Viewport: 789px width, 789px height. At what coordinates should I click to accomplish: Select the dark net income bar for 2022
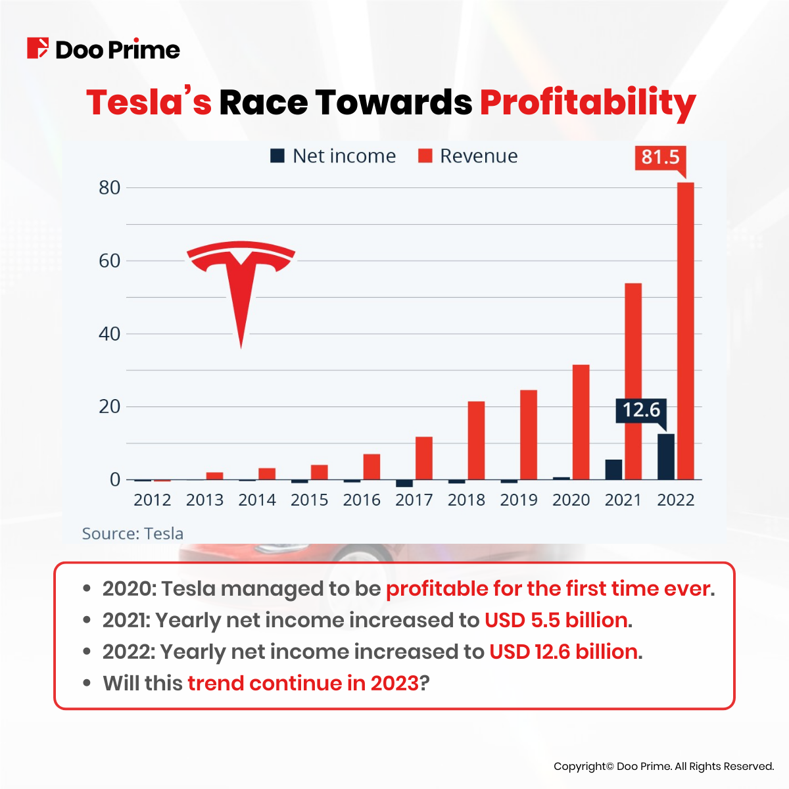[x=665, y=456]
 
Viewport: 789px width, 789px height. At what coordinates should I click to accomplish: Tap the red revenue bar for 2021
[x=633, y=381]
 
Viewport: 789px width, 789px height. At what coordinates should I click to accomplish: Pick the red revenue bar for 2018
[x=476, y=441]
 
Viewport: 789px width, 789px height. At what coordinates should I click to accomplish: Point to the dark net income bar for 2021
[x=613, y=469]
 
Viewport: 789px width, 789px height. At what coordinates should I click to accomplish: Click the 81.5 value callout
[x=660, y=157]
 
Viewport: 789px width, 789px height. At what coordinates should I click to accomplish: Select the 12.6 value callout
[x=640, y=410]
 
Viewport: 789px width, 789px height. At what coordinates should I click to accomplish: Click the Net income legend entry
[x=333, y=156]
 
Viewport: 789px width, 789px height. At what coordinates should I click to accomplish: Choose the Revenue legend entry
[x=468, y=156]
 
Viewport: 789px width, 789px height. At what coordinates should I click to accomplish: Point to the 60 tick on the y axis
[x=109, y=261]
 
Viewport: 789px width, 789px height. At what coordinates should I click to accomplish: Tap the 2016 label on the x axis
[x=362, y=500]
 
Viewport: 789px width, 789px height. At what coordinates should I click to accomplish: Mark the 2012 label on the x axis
[x=152, y=500]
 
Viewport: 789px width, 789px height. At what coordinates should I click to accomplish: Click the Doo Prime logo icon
[x=37, y=49]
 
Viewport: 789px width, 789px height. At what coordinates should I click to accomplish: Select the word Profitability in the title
[x=587, y=103]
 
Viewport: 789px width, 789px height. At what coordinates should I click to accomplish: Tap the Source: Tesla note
[x=132, y=533]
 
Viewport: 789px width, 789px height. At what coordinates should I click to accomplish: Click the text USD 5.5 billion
[x=556, y=620]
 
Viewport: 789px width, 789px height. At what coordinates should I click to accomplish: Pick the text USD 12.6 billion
[x=563, y=652]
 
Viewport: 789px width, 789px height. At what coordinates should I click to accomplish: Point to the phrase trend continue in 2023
[x=303, y=683]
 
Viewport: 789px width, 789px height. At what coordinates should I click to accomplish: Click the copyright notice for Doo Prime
[x=663, y=766]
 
